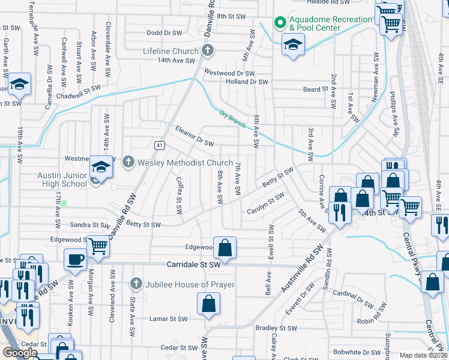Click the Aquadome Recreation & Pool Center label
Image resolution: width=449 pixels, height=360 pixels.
point(331,23)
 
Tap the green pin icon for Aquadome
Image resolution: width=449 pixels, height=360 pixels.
point(279,23)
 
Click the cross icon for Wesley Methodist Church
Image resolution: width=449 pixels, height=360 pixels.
point(128,162)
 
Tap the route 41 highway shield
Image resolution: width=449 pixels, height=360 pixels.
point(158,145)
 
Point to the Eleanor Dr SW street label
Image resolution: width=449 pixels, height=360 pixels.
point(194,136)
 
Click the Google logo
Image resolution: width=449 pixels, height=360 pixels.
point(20,353)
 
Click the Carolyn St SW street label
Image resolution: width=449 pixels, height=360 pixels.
point(266,204)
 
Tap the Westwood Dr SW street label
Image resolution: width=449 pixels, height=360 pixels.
point(230,73)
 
